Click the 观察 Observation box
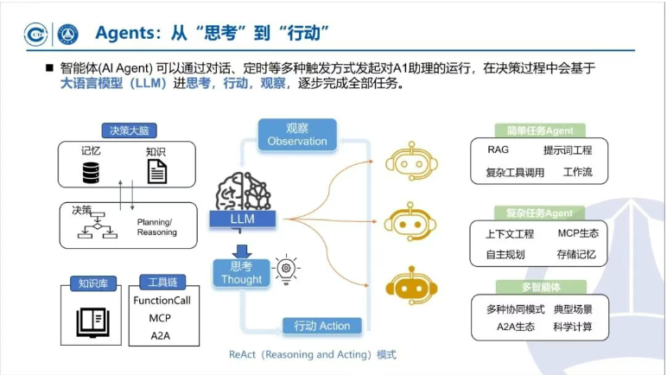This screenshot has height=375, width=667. point(296,134)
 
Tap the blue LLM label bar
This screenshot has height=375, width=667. point(243,221)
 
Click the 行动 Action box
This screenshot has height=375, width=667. point(322,326)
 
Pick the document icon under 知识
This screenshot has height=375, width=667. point(156,172)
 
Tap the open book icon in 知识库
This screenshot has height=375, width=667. point(92,321)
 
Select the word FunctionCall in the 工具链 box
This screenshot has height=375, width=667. point(162,301)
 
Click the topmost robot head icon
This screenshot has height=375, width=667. point(407,162)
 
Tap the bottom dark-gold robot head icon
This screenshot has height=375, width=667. point(407,287)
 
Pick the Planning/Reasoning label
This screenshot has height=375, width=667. point(156,226)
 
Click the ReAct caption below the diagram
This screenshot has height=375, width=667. point(312,354)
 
